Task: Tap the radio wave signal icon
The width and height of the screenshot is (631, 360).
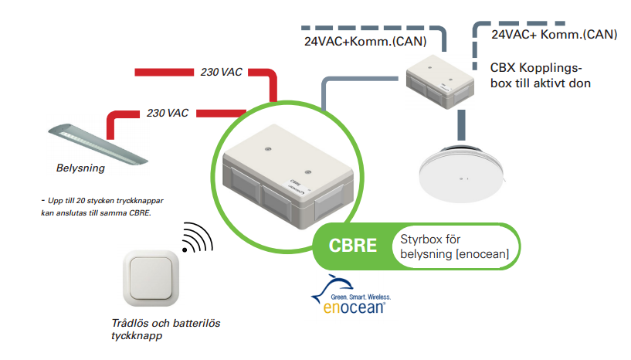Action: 196,238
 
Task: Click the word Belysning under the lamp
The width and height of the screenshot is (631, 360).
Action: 80,167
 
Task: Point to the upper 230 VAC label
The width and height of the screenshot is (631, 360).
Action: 221,72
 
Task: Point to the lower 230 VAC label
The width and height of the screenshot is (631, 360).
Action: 168,113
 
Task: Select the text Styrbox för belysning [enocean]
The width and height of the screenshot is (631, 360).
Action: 452,246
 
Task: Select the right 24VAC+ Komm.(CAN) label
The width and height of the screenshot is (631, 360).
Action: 554,34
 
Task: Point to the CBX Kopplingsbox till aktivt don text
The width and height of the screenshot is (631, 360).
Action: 541,75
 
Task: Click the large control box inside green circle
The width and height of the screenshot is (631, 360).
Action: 290,178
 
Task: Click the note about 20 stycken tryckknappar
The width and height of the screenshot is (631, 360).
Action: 100,206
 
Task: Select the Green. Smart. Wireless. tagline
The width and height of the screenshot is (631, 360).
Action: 362,296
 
